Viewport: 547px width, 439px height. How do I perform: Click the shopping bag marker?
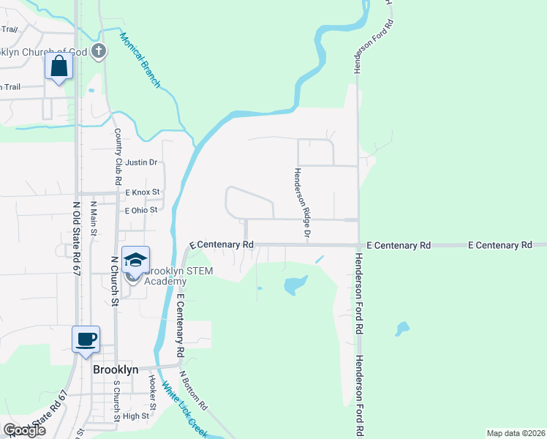pos(58,67)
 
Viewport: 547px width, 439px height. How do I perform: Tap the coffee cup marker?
pos(86,339)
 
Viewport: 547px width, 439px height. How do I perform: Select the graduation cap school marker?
pos(135,260)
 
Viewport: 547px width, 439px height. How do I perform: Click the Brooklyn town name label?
pos(116,369)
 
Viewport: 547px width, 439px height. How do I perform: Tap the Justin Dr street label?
pos(142,162)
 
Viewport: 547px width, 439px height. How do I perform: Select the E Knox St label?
pos(142,192)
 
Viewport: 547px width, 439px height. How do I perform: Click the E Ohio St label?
pos(141,210)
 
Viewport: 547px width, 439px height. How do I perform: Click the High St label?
pos(135,416)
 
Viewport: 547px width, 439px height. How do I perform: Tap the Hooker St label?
pos(152,392)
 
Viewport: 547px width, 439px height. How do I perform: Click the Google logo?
pos(24,429)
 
